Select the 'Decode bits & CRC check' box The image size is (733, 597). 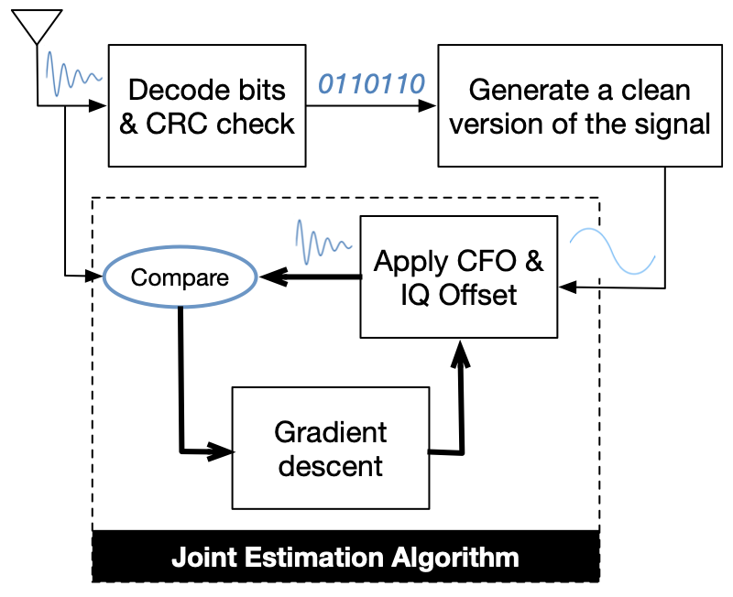(x=207, y=105)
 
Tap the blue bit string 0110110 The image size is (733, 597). (x=371, y=84)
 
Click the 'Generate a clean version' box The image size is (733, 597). (x=579, y=105)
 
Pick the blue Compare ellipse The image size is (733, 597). (x=180, y=277)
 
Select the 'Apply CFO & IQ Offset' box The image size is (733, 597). (x=458, y=277)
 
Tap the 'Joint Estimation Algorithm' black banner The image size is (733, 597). (x=345, y=556)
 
